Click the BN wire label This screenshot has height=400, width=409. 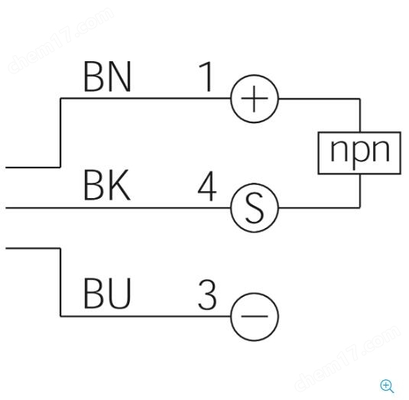(107, 76)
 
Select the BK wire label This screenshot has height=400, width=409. (107, 185)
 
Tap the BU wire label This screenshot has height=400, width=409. (107, 293)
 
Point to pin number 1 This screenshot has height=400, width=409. (206, 76)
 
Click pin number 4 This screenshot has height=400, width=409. (207, 186)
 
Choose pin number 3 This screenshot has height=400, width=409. (207, 294)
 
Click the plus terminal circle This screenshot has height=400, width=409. (231, 99)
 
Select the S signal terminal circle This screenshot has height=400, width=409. (231, 208)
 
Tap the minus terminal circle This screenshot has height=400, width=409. (231, 317)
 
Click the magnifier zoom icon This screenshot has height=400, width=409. (387, 386)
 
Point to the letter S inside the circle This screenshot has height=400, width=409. (255, 209)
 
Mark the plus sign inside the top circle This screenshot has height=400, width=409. (255, 99)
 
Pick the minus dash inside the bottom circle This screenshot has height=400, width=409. (255, 316)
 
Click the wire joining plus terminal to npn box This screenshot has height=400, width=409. (360, 99)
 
